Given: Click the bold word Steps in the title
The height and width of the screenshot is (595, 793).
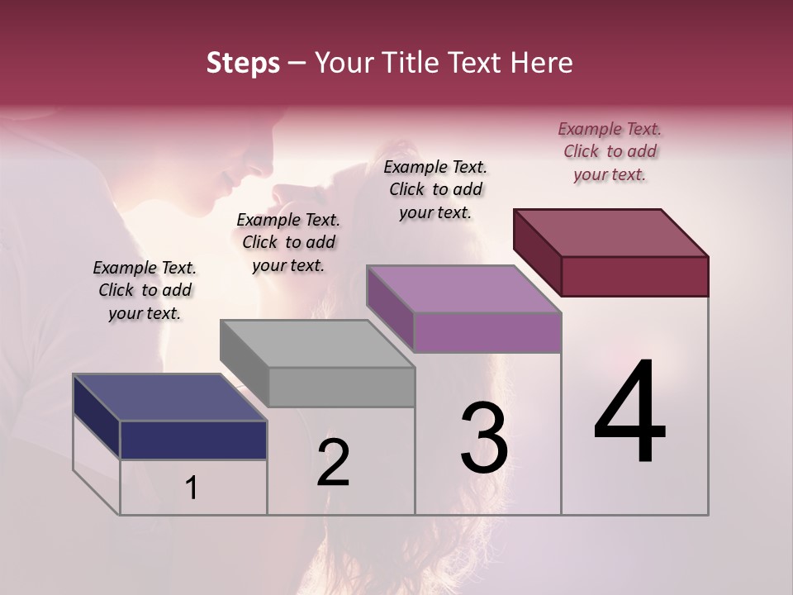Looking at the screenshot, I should (x=243, y=63).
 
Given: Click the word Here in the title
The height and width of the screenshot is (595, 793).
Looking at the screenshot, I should (x=540, y=63).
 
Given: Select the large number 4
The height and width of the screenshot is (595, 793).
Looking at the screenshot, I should (x=629, y=412).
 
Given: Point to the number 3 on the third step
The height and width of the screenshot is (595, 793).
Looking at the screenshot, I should (x=484, y=438).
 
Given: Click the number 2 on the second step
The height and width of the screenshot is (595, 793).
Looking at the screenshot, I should (x=333, y=463).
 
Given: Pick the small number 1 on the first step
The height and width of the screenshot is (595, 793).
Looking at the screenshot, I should (x=192, y=488).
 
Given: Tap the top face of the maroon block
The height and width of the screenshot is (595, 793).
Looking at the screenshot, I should (x=611, y=232).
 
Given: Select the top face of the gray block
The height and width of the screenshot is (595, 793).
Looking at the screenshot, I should (x=317, y=343).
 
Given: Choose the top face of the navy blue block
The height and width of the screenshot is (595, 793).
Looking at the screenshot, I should (x=170, y=397).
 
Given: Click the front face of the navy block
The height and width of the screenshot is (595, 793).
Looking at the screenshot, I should (x=193, y=440).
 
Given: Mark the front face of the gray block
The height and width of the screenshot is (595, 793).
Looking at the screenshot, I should (x=342, y=387).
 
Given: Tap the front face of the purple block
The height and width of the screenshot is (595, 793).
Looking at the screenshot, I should (x=487, y=332).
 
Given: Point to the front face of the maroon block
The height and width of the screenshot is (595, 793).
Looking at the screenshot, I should (x=634, y=276).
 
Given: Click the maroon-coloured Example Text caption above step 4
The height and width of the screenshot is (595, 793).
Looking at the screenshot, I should (x=610, y=151).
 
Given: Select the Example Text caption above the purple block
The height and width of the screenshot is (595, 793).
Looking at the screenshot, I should (x=435, y=189).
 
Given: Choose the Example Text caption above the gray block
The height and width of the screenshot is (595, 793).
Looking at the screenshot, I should (x=288, y=242).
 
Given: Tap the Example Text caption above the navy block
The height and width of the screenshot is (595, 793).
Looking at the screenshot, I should (x=145, y=290).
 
